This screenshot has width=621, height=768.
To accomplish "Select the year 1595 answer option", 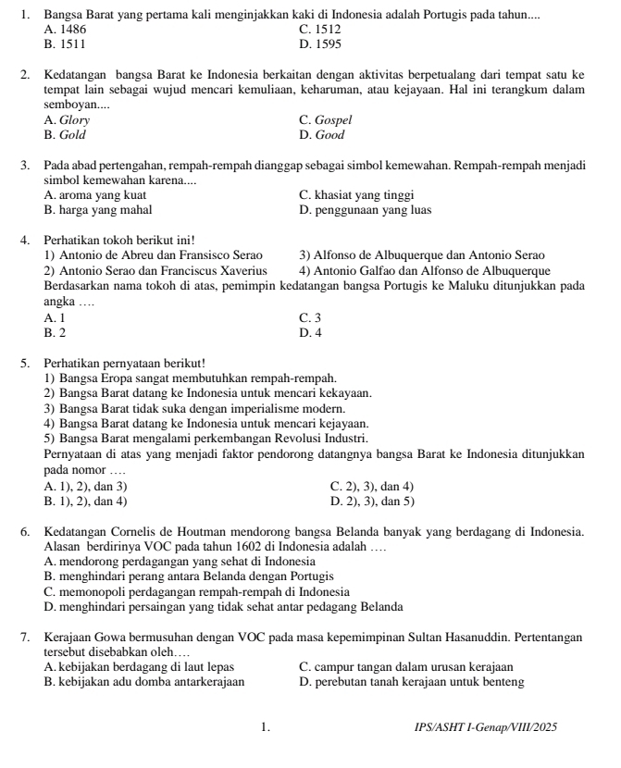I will [329, 43].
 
